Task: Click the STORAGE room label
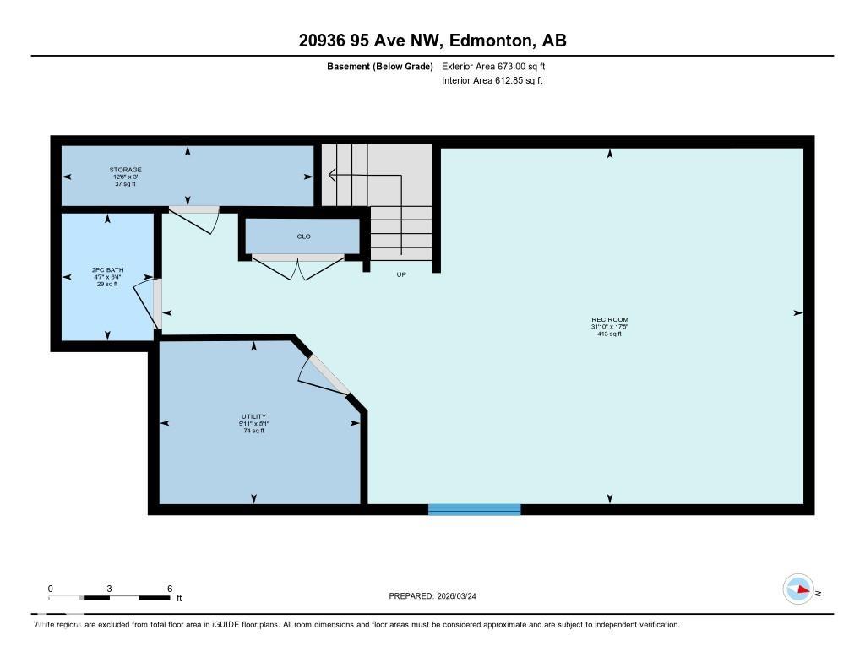pos(125,170)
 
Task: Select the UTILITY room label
pos(253,416)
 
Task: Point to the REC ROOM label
pos(609,319)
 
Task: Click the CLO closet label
pos(303,236)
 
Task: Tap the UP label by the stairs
pos(401,274)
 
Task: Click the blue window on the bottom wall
pos(474,509)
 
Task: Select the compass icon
pos(798,589)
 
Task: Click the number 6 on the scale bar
pos(170,589)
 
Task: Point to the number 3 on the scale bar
pos(110,589)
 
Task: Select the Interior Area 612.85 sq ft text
pos(492,80)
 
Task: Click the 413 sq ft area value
pos(609,334)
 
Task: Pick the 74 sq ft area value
pos(253,431)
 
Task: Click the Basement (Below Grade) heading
pos(380,66)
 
